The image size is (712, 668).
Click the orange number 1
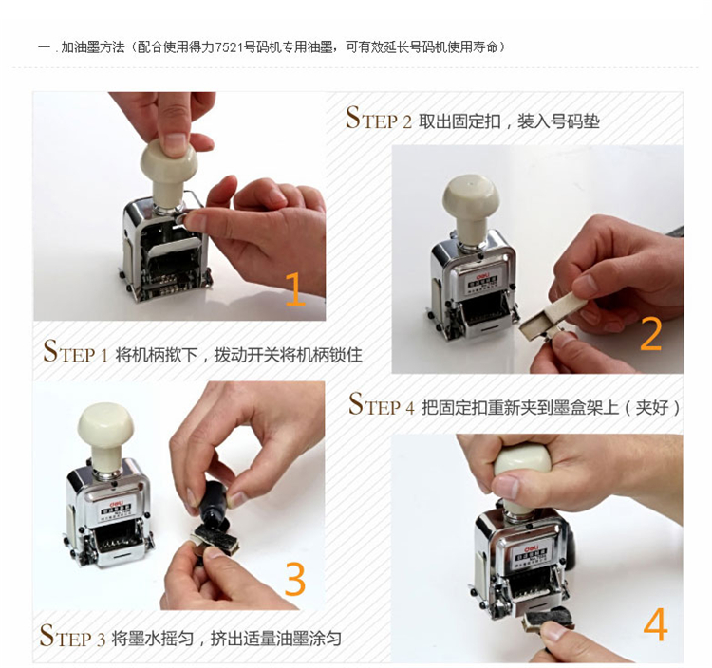[295, 288]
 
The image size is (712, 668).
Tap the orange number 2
[650, 334]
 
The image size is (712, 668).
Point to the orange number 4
[655, 624]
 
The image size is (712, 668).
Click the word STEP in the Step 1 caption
[69, 352]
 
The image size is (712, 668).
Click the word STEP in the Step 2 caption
[372, 118]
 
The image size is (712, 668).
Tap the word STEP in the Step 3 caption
[66, 636]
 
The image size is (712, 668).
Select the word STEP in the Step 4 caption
[375, 404]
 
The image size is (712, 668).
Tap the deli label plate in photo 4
[530, 555]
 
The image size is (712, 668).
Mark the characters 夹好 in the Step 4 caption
[652, 407]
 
